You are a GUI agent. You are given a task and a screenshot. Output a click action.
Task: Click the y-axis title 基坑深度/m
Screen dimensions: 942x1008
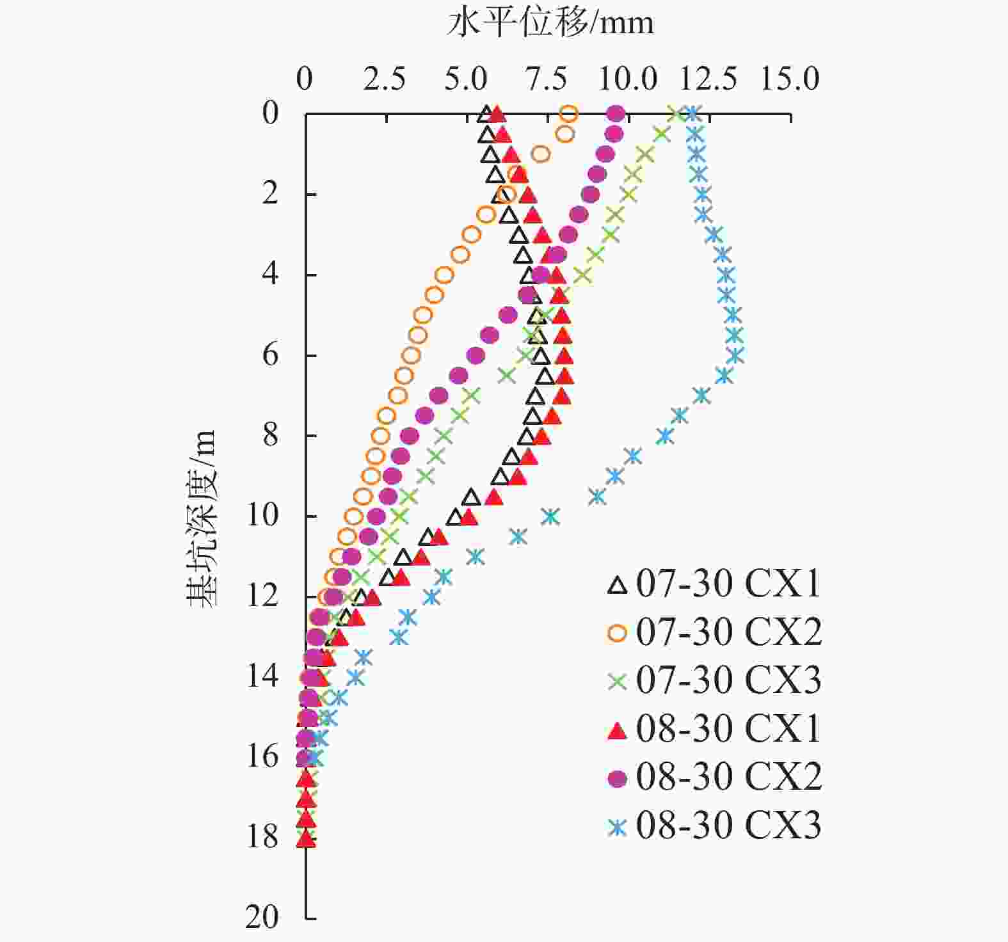tap(202, 518)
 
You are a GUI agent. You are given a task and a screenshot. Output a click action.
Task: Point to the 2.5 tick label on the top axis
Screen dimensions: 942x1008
tap(385, 79)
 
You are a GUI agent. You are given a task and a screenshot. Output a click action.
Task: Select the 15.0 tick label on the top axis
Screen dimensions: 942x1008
tap(789, 79)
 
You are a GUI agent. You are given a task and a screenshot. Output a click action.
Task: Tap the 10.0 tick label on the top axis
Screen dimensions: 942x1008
tap(628, 79)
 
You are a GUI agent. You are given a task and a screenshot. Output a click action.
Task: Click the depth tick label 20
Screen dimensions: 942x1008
tap(262, 917)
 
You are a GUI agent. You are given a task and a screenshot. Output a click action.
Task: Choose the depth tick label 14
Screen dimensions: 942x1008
tap(262, 676)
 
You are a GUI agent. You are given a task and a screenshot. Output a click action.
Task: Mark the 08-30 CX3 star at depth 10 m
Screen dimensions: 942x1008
tap(550, 516)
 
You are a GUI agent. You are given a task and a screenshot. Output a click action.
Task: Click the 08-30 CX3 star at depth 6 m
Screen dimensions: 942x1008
tap(736, 355)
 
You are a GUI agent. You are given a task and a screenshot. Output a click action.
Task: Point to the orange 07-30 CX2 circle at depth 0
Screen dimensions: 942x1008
tap(569, 115)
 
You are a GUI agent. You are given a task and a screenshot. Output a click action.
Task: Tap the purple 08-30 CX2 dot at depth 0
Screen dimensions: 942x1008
tap(616, 114)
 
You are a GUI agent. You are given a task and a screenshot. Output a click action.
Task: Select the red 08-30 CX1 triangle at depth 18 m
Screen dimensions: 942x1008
tap(306, 838)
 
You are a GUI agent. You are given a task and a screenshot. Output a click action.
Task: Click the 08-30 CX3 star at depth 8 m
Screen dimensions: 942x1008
tap(666, 436)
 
